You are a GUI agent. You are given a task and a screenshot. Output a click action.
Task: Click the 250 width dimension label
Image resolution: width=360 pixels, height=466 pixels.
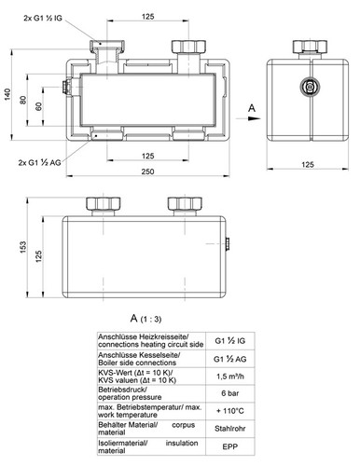click(147, 171)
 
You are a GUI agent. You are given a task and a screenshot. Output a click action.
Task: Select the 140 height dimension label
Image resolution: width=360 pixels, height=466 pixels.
click(7, 94)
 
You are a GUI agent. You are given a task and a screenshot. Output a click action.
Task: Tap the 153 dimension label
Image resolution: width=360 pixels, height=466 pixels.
click(23, 247)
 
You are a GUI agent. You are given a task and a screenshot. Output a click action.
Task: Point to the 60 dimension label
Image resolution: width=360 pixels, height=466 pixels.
click(38, 106)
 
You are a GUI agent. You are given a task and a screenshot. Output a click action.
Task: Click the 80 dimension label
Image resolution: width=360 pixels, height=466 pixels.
click(23, 100)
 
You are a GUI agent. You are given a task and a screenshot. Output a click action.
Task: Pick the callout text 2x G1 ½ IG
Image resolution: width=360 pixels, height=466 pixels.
click(43, 18)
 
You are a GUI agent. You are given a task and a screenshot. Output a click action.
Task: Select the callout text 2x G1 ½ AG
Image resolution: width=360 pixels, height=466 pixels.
click(39, 162)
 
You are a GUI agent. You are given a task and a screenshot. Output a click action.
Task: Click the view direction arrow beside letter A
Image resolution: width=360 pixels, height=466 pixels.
click(248, 118)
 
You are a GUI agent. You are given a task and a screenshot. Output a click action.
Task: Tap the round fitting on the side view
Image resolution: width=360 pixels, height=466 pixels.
click(310, 87)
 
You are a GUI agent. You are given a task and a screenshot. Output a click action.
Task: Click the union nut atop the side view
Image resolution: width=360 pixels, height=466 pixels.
click(310, 47)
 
